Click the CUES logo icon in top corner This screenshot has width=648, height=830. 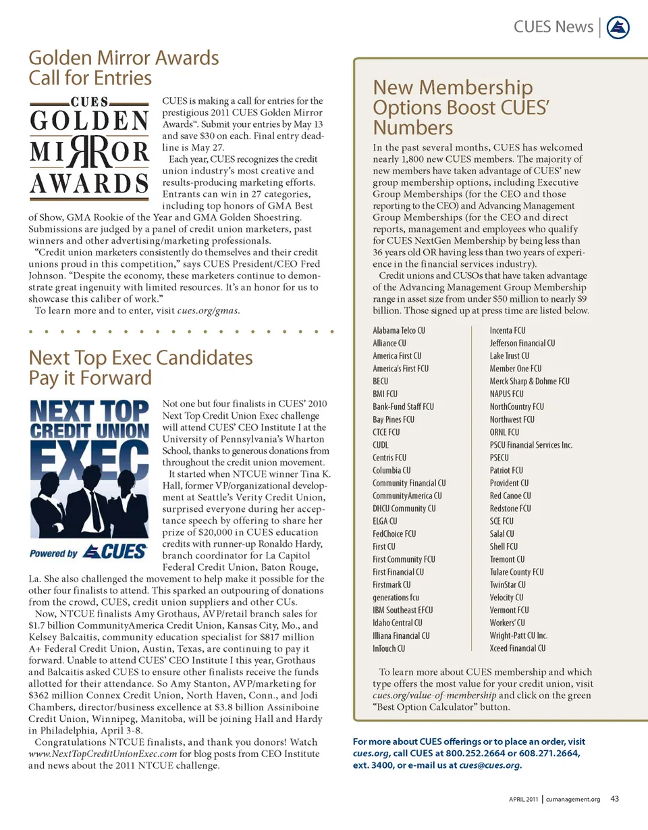(x=618, y=27)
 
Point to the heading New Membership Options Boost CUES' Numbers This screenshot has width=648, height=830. (x=453, y=107)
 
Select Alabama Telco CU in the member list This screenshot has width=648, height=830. (x=398, y=331)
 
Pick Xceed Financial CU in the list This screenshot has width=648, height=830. (x=518, y=648)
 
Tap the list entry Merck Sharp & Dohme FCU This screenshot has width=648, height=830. (x=529, y=382)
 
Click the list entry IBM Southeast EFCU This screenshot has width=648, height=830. (x=402, y=610)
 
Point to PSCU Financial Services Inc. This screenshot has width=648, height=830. (x=531, y=445)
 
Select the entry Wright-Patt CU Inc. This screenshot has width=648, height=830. (x=518, y=636)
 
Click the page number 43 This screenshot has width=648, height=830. (x=614, y=800)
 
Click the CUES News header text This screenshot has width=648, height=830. (x=553, y=27)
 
